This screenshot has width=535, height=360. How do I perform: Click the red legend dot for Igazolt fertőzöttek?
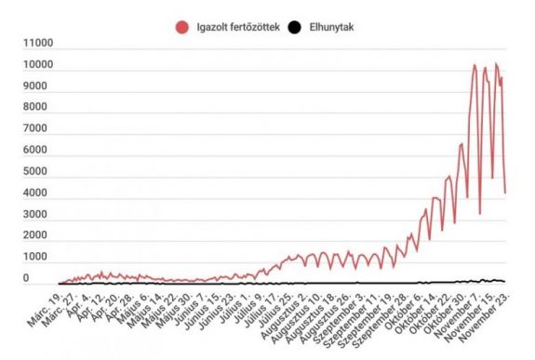(181, 27)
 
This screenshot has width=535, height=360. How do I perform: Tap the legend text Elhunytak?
(328, 27)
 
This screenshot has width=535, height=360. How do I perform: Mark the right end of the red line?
(504, 193)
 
